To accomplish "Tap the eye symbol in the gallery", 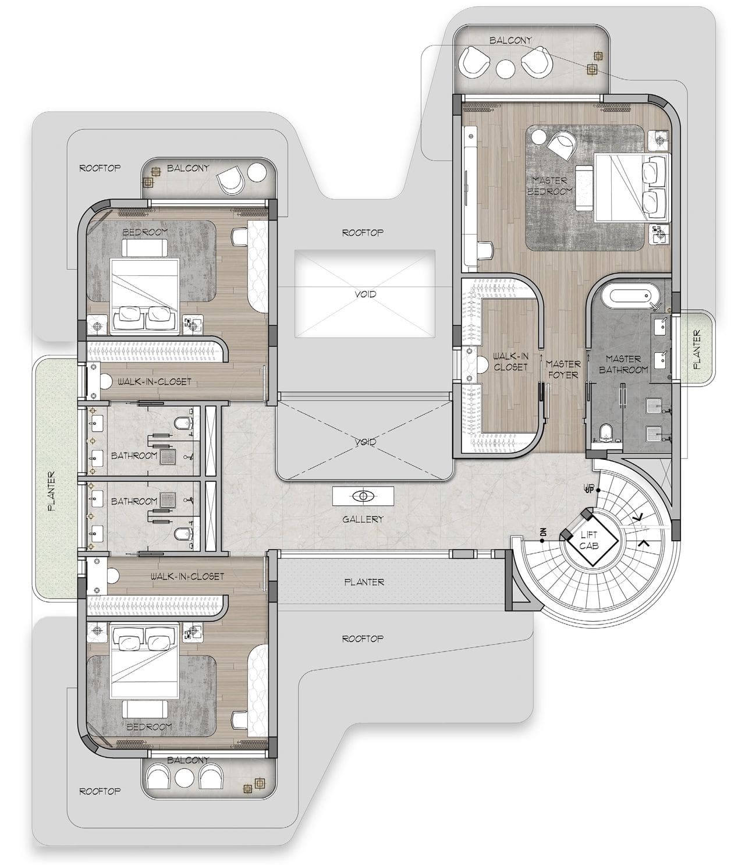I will coord(364,497).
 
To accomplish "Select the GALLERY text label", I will coord(363,519).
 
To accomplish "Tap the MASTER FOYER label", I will coord(562,369).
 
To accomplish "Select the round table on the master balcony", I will coord(504,67).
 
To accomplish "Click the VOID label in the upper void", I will coord(365,294).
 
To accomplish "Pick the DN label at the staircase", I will coord(542,532).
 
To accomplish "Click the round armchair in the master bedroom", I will coord(562,144).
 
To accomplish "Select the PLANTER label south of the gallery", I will coord(364,582).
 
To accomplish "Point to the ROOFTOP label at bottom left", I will coord(100,791).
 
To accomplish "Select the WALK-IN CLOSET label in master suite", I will coord(510,361).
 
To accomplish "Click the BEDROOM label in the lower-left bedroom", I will coord(149,726).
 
